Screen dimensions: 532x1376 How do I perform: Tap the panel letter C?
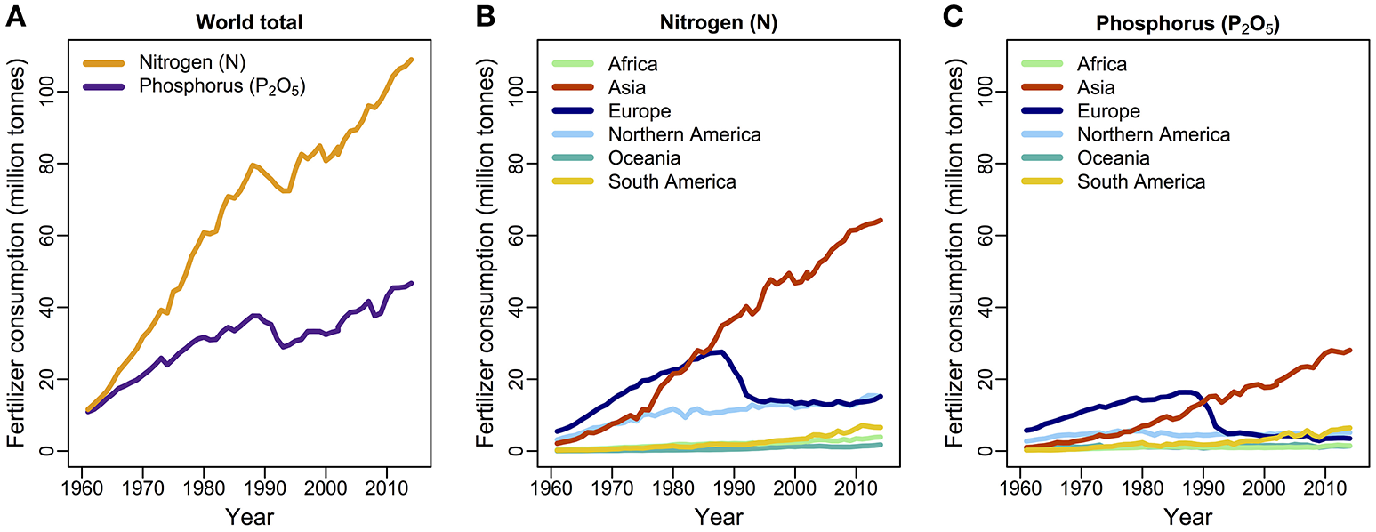[954, 20]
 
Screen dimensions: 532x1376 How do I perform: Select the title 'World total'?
[249, 23]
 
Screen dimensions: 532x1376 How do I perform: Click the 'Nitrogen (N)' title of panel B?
[718, 23]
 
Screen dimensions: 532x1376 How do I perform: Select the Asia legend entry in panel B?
[627, 87]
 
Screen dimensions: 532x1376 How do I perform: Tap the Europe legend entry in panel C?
[1109, 111]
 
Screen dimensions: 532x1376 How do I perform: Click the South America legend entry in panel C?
[1141, 181]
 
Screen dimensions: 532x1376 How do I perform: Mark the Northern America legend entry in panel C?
[1154, 134]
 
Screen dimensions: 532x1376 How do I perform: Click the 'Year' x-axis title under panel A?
[249, 517]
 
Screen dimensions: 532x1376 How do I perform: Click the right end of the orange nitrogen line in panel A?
[411, 60]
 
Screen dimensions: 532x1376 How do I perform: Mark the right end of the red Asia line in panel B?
[880, 220]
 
